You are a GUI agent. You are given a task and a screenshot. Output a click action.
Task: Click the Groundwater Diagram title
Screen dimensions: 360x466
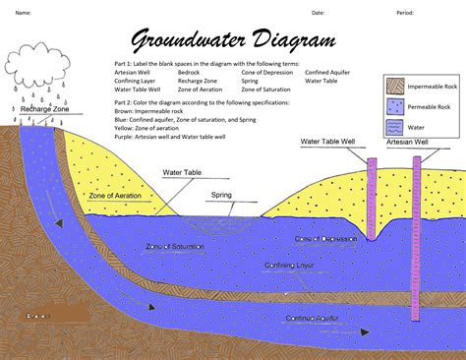click(x=233, y=41)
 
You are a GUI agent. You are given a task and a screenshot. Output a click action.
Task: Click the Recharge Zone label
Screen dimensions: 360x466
click(x=43, y=109)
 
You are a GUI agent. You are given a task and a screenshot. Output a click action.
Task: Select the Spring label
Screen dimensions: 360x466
click(x=222, y=195)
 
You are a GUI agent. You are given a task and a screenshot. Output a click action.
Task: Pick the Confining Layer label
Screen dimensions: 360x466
click(x=290, y=265)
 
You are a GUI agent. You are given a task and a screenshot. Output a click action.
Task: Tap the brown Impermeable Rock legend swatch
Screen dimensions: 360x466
click(x=395, y=86)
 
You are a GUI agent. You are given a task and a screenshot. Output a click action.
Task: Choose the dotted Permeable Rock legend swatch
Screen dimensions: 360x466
click(x=395, y=105)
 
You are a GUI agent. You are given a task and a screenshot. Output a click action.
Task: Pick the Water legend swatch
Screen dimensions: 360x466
click(x=395, y=125)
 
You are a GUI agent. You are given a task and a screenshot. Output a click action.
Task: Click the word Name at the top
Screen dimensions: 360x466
click(x=22, y=13)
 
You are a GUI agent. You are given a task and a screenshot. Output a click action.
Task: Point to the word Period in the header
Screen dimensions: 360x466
click(x=404, y=13)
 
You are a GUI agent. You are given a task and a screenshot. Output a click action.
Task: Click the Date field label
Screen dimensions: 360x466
click(x=318, y=13)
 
